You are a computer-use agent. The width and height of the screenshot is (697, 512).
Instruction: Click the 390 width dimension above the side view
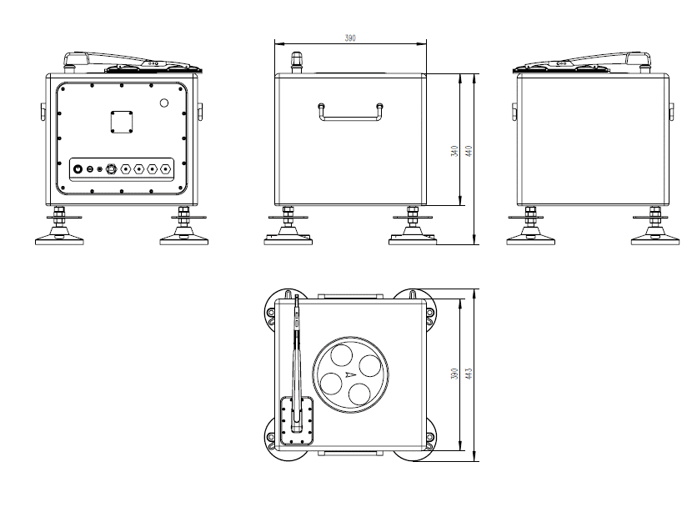(x=350, y=38)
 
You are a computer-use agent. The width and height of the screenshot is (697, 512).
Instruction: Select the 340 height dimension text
(x=454, y=151)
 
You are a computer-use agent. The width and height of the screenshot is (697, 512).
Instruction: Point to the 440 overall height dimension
(x=469, y=151)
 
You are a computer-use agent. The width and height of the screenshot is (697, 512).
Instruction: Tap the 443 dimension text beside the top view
(x=469, y=374)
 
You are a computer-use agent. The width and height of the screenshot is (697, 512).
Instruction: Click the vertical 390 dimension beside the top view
(x=454, y=374)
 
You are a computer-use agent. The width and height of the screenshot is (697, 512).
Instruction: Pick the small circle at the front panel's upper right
(x=164, y=103)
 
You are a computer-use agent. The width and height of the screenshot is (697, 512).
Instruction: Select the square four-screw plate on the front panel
(x=122, y=122)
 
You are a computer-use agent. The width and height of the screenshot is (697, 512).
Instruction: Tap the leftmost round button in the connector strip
(x=78, y=169)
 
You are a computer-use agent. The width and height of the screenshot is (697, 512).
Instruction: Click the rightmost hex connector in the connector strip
(x=166, y=169)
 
